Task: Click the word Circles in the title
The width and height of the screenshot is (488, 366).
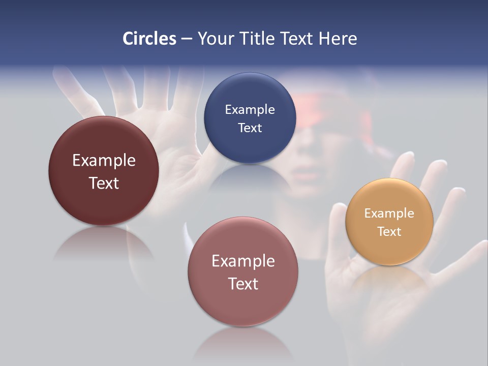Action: tap(149, 39)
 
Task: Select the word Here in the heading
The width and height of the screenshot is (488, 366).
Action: tap(338, 39)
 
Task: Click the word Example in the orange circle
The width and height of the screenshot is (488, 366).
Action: tap(389, 213)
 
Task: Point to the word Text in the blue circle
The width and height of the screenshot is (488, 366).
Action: tap(250, 128)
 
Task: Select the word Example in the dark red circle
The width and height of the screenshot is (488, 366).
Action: tap(104, 161)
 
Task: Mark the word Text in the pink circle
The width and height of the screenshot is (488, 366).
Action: tap(243, 284)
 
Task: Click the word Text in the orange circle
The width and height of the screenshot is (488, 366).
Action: tap(389, 232)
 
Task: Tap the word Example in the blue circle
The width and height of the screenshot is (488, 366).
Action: tap(250, 109)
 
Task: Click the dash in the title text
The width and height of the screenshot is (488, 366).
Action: tap(187, 39)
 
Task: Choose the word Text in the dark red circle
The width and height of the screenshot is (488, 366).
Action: tap(104, 183)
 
